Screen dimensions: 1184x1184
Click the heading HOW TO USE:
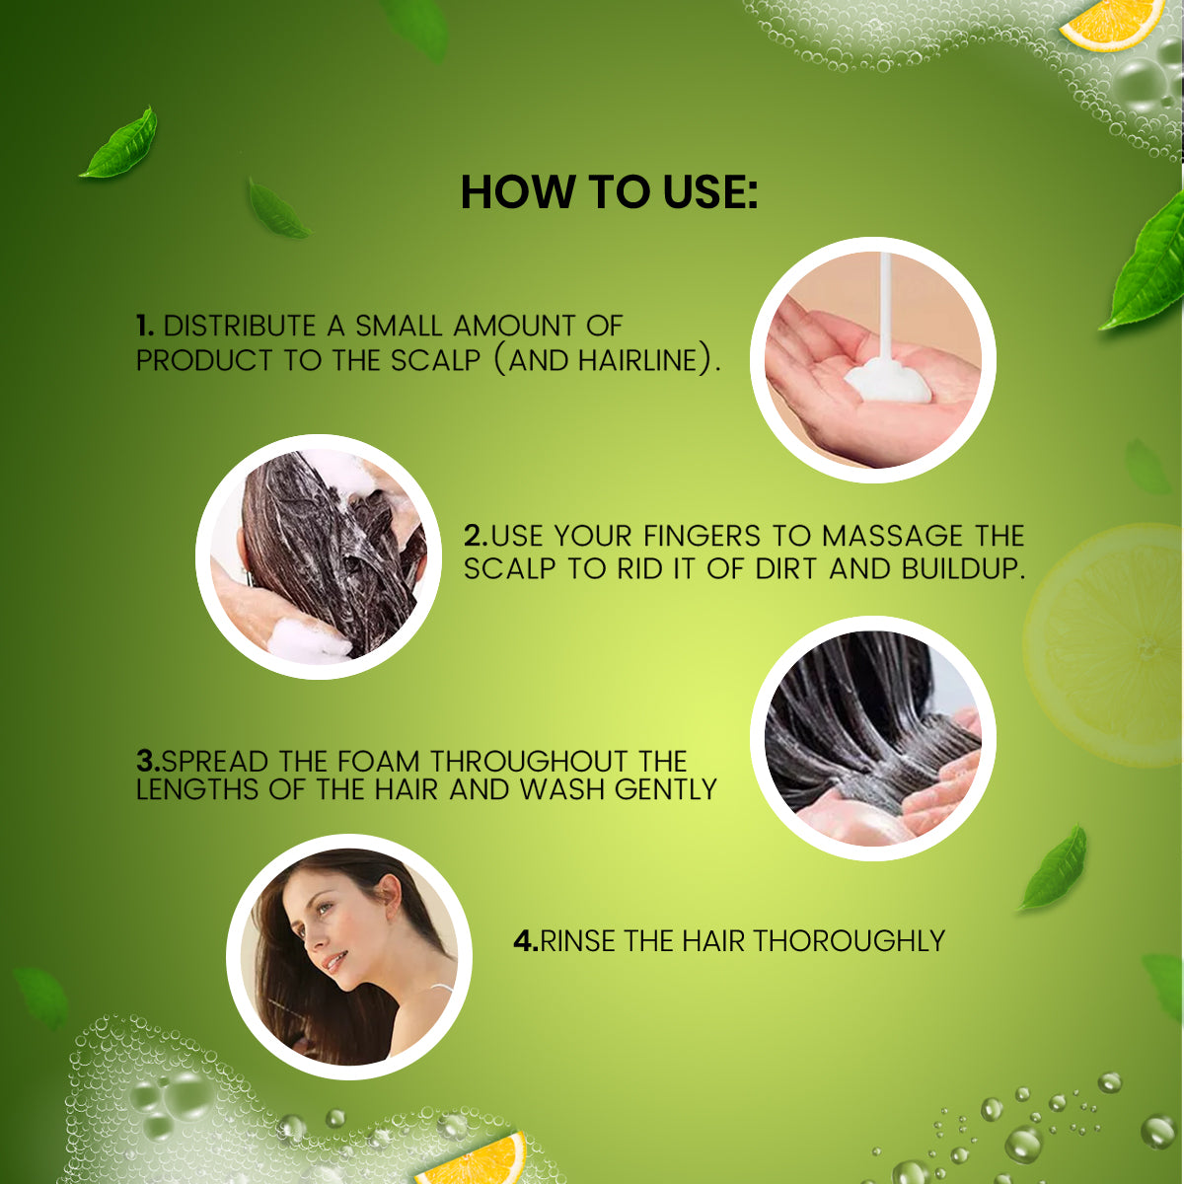[x=609, y=192]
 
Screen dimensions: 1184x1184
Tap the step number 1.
[x=144, y=326]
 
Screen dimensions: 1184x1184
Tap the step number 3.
[x=147, y=762]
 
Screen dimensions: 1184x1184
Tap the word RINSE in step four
[x=579, y=940]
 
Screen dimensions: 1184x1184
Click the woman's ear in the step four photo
[x=385, y=897]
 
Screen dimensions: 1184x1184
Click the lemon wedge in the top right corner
[x=1111, y=22]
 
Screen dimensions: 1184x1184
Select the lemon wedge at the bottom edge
[x=474, y=1159]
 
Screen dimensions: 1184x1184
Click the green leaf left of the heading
[x=120, y=145]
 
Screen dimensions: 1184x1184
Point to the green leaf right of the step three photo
[x=1055, y=868]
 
